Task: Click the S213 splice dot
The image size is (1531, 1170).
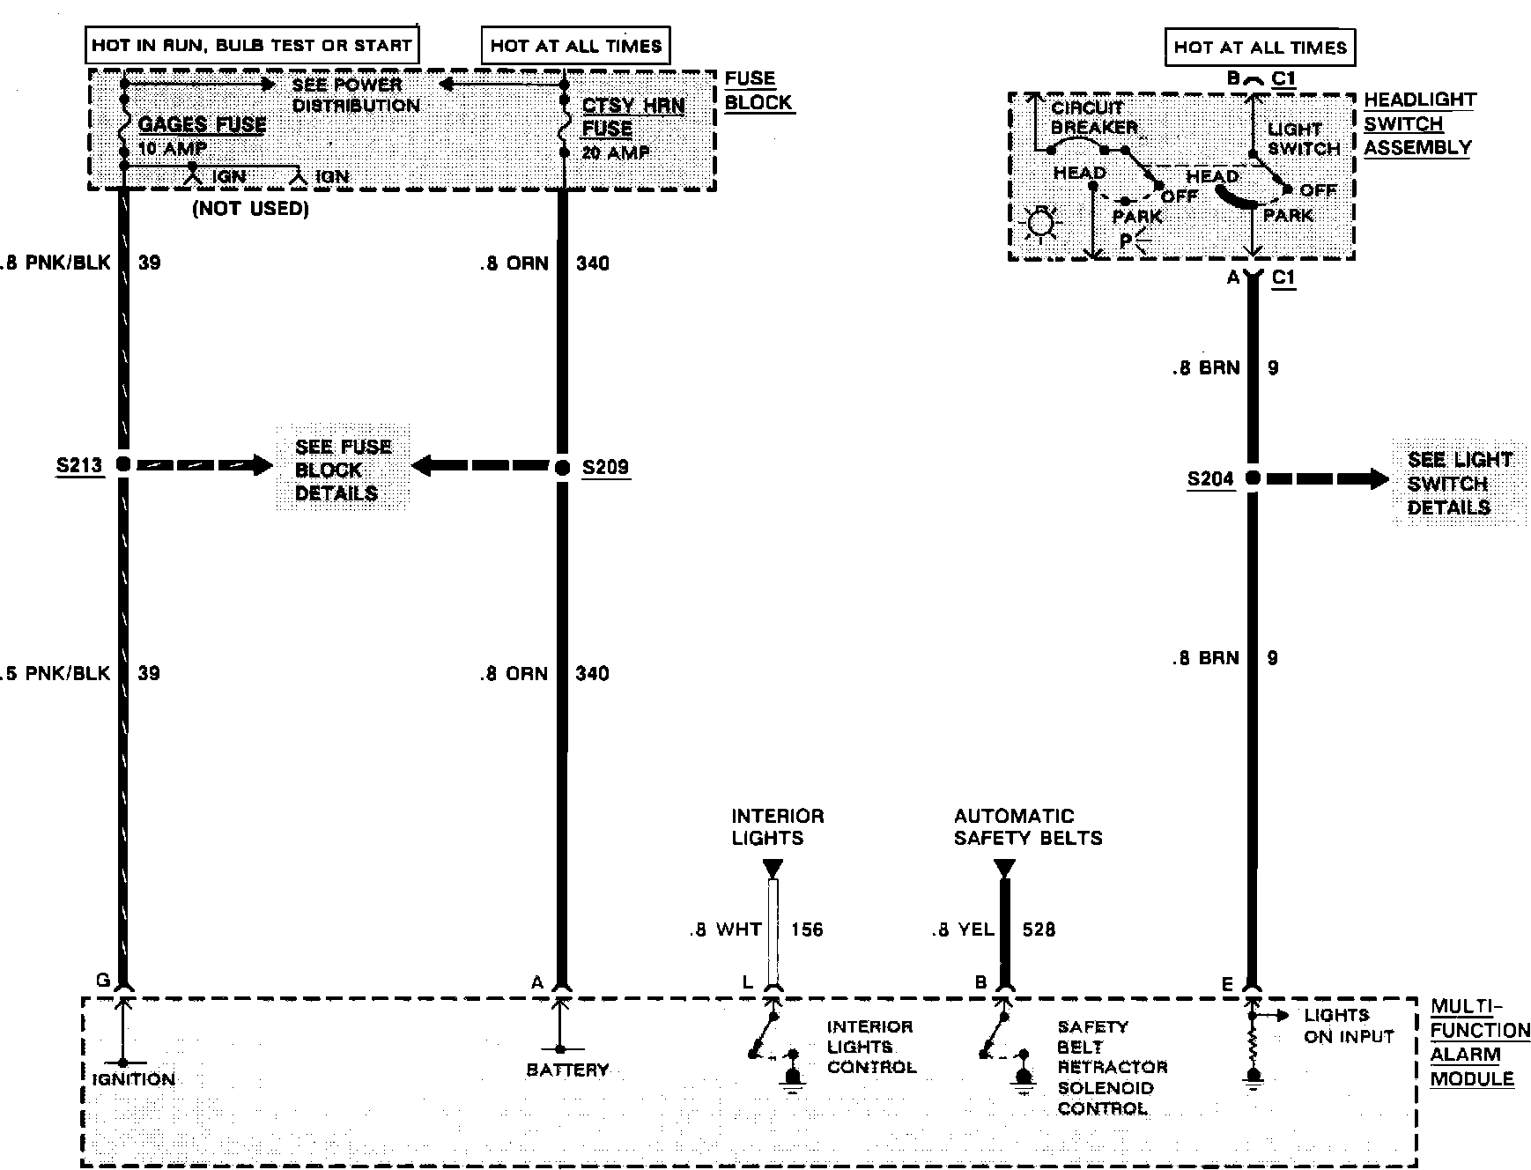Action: pos(122,464)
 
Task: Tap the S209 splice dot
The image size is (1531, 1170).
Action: pos(563,467)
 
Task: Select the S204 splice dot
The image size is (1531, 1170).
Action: pos(1252,478)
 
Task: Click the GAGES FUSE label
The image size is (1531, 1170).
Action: pos(202,125)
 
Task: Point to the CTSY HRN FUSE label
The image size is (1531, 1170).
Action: pos(632,117)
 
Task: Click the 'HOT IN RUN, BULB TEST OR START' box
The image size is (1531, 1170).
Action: pos(252,45)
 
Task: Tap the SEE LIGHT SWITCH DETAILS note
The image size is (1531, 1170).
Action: pos(1459,484)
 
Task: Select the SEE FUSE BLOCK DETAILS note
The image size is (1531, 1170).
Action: pos(342,470)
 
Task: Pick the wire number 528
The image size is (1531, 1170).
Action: pos(1039,929)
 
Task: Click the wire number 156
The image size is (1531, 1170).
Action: pos(807,929)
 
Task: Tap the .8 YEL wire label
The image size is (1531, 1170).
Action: pos(963,929)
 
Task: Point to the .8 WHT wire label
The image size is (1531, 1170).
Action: pos(726,929)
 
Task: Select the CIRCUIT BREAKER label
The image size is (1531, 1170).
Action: pos(1093,118)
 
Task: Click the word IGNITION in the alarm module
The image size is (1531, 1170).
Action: pos(134,1079)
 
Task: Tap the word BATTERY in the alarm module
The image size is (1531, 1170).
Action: pos(567,1070)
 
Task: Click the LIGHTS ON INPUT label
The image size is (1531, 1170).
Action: pos(1348,1026)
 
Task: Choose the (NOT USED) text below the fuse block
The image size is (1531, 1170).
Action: pos(251,209)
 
